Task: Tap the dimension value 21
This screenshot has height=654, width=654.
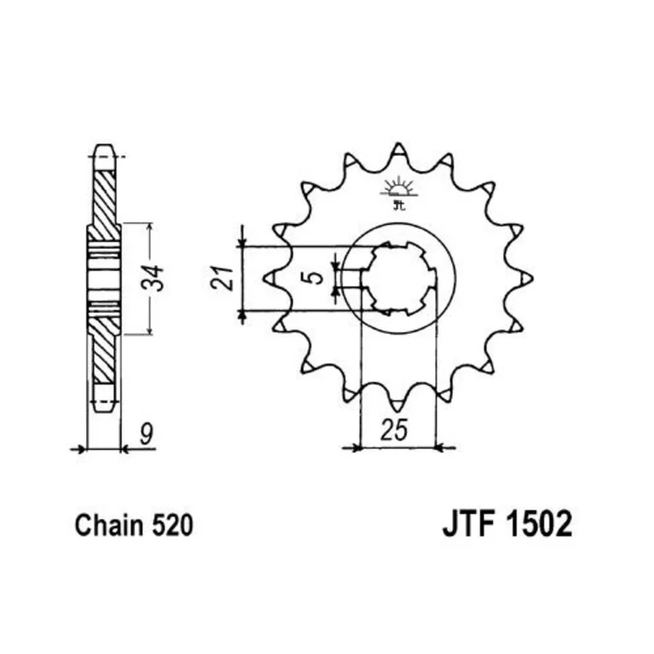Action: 222,277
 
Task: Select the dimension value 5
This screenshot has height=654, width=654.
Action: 317,277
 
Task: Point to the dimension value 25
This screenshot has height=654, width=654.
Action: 393,430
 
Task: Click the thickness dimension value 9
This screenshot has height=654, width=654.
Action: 146,433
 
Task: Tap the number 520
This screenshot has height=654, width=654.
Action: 172,526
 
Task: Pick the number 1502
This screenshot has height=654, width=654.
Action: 539,524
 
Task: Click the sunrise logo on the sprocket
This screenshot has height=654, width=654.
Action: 399,192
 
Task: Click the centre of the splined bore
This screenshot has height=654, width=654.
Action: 399,278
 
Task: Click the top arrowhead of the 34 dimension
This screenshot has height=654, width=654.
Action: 150,228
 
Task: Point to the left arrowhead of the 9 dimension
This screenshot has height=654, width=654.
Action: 81,449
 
